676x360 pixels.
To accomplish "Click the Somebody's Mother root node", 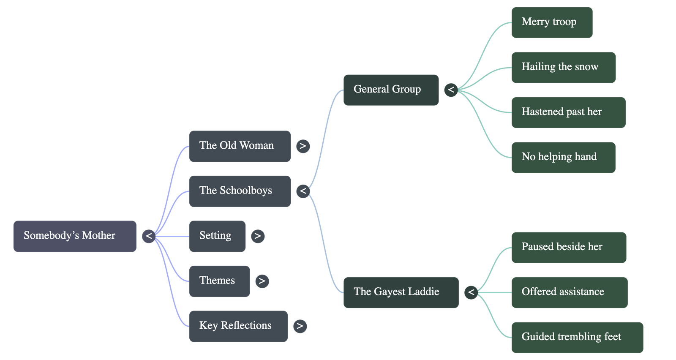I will pos(75,236).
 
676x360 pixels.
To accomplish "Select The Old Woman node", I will pos(240,146).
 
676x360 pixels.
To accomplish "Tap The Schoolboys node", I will pos(240,191).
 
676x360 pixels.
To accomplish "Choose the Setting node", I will pos(217,236).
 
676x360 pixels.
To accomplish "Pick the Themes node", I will pos(219,281).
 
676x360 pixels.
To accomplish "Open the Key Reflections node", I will pos(238,326).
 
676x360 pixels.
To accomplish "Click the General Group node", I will pos(391,90).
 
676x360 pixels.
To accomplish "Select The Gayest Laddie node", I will pos(401,292).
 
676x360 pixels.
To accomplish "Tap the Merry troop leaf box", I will pos(551,22).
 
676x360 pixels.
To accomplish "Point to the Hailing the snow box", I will pos(563,67).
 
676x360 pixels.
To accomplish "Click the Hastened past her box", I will pos(568,112).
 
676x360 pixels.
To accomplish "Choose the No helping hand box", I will pos(563,157).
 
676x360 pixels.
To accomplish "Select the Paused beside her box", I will pos(569,247).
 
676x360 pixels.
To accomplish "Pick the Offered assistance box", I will pos(569,292).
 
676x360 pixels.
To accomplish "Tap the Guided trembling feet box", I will pos(577,337).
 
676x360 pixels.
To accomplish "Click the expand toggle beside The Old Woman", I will pos(303,146).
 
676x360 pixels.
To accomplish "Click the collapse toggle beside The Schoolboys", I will pos(303,191).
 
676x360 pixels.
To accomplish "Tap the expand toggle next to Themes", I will pos(262,281).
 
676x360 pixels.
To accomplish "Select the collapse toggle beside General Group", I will pos(451,90).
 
